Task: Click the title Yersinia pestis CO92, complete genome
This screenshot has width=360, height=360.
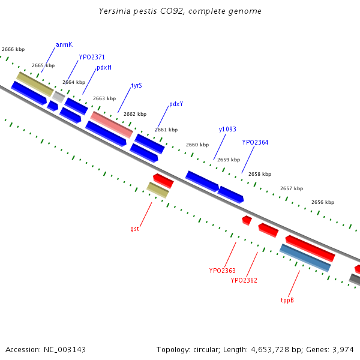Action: [180, 11]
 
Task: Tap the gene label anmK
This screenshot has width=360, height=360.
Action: [64, 44]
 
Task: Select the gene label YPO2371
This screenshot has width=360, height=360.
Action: [92, 57]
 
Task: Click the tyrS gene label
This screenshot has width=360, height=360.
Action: [137, 86]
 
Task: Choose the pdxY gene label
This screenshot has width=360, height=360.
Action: [176, 104]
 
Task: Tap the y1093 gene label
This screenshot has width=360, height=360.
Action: [227, 129]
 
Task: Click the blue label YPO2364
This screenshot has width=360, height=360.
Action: [256, 142]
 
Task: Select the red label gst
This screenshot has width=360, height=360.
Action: [134, 229]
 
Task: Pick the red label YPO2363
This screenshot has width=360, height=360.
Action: [222, 271]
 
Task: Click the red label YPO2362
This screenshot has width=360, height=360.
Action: [244, 280]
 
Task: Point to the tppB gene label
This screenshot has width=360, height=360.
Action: [287, 299]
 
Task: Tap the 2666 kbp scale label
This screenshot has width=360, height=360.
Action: [13, 49]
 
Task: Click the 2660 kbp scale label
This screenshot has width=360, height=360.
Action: [197, 145]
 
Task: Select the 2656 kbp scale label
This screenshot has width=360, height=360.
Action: [323, 202]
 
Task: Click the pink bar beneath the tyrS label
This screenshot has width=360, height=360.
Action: [112, 124]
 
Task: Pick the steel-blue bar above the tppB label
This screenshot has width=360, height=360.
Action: [305, 257]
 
